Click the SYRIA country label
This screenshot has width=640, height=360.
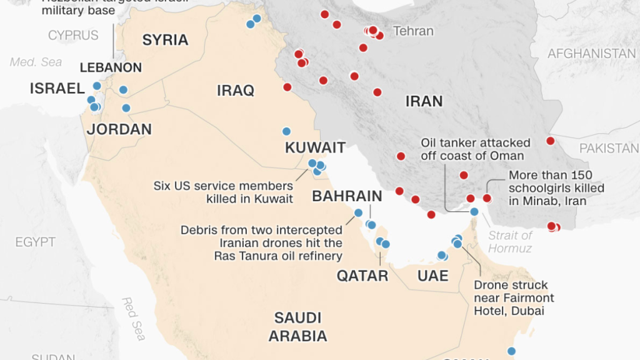165,40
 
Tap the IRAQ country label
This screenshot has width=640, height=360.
236,91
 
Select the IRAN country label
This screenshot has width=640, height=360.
424,101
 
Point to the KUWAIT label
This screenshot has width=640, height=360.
315,148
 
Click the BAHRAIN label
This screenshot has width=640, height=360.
347,196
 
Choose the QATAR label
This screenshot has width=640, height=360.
362,275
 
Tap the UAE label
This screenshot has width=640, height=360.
433,275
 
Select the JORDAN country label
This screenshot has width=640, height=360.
119,129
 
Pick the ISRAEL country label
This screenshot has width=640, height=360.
57,89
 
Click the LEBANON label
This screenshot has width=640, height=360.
111,67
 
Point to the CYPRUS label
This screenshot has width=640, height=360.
73,35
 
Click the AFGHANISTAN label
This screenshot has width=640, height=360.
591,54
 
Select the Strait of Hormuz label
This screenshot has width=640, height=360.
510,242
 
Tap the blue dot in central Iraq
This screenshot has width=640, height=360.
286,131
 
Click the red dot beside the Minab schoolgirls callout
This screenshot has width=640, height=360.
487,198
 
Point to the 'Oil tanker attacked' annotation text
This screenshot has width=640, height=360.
475,149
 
